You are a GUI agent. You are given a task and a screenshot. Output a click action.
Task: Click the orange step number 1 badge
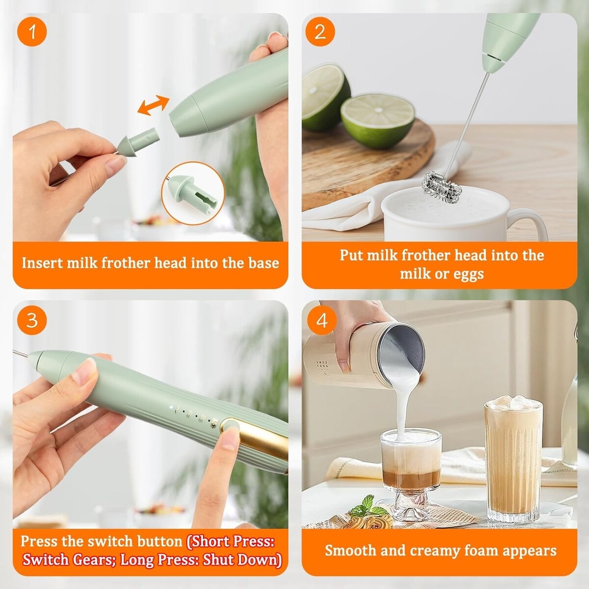pos(32,31)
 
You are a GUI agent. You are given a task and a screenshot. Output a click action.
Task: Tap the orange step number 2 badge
pos(320,31)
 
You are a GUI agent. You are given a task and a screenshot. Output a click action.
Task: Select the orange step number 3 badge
pos(32,321)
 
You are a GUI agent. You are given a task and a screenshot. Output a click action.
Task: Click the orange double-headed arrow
pos(153,106)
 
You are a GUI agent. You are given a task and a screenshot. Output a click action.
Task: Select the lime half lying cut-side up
pos(378,119)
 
